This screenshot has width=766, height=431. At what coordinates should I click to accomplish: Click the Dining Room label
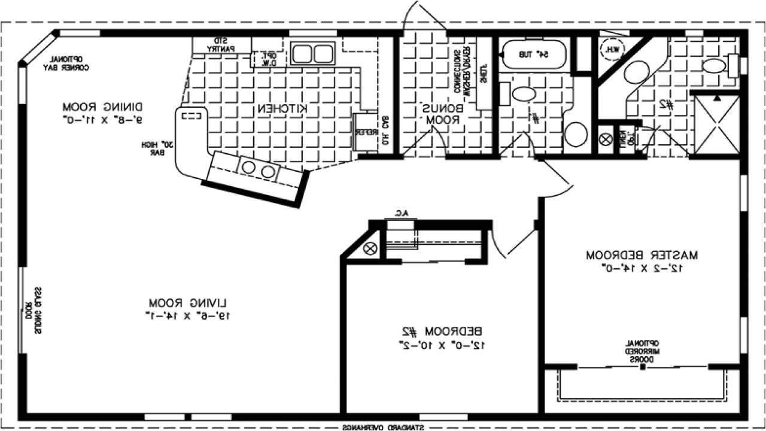click(x=103, y=107)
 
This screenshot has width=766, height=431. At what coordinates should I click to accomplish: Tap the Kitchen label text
click(x=283, y=108)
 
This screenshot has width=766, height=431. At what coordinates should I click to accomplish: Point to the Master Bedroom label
click(x=642, y=254)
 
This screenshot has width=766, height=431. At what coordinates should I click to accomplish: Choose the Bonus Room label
click(x=443, y=114)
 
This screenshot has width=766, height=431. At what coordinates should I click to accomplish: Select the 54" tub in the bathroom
click(x=534, y=54)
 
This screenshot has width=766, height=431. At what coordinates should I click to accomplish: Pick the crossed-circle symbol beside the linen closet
click(x=606, y=139)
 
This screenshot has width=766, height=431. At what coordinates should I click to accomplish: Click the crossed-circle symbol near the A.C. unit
click(x=370, y=248)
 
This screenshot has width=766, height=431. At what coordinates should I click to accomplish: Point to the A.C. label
click(x=400, y=213)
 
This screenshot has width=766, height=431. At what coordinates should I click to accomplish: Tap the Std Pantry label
click(x=221, y=44)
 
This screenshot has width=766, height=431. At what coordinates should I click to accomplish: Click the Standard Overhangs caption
click(x=383, y=427)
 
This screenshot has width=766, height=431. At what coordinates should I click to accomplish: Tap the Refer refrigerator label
click(x=361, y=131)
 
